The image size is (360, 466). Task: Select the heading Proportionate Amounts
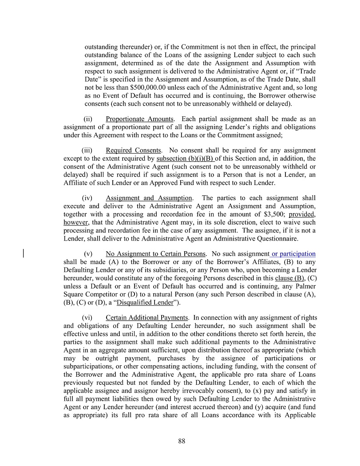pos(139,119)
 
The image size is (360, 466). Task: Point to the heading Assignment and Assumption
pos(149,198)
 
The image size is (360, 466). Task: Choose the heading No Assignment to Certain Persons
pos(155,254)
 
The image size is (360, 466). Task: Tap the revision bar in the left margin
pos(23,254)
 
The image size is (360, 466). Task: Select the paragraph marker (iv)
pos(87,198)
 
